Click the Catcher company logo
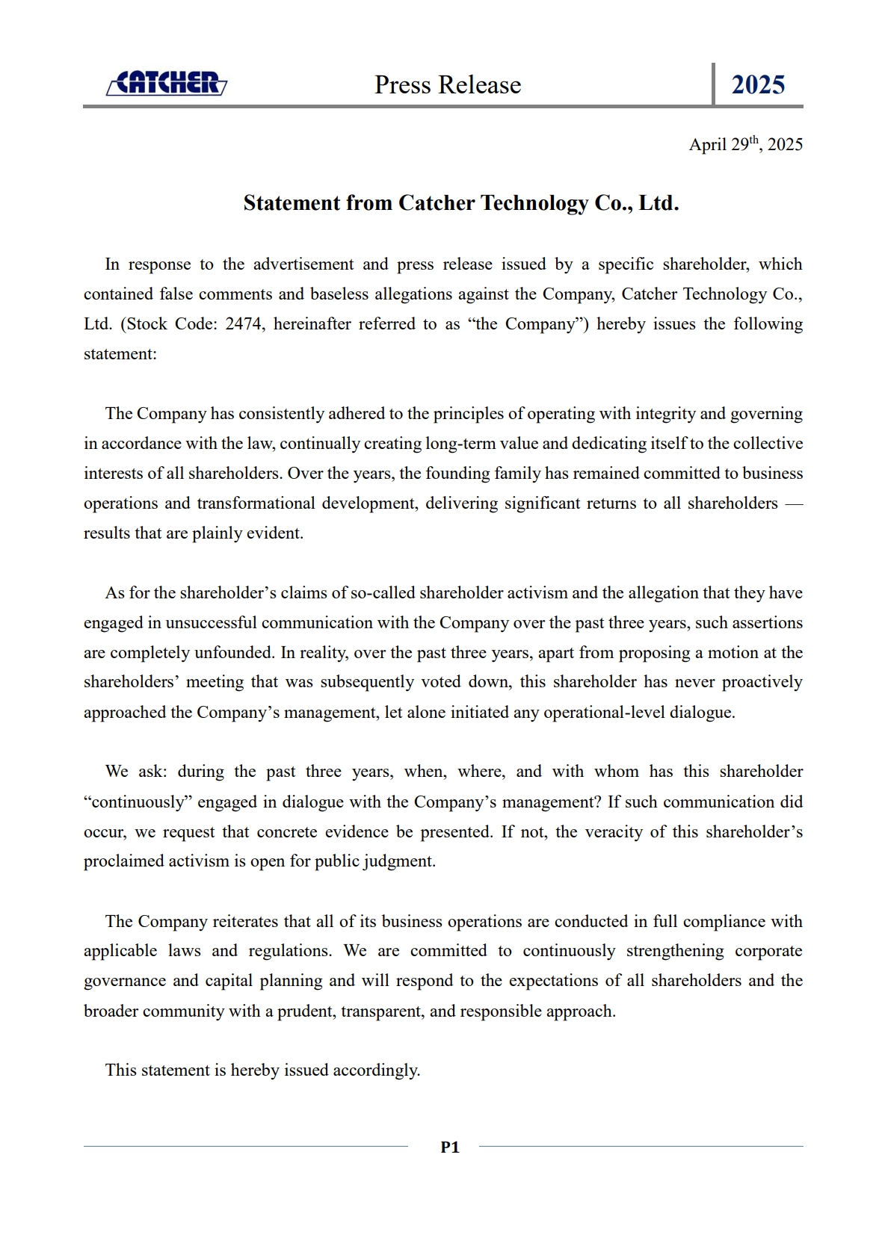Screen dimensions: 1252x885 click(167, 83)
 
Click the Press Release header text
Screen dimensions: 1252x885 click(448, 85)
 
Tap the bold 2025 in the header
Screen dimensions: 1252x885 click(758, 85)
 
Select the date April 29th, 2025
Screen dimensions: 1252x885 click(745, 144)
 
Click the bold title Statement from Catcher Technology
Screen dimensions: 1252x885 click(460, 203)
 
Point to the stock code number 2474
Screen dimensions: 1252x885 click(244, 324)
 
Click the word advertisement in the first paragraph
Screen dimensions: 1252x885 click(303, 264)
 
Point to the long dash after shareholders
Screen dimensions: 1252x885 click(794, 503)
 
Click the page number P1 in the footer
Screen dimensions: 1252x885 click(450, 1147)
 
